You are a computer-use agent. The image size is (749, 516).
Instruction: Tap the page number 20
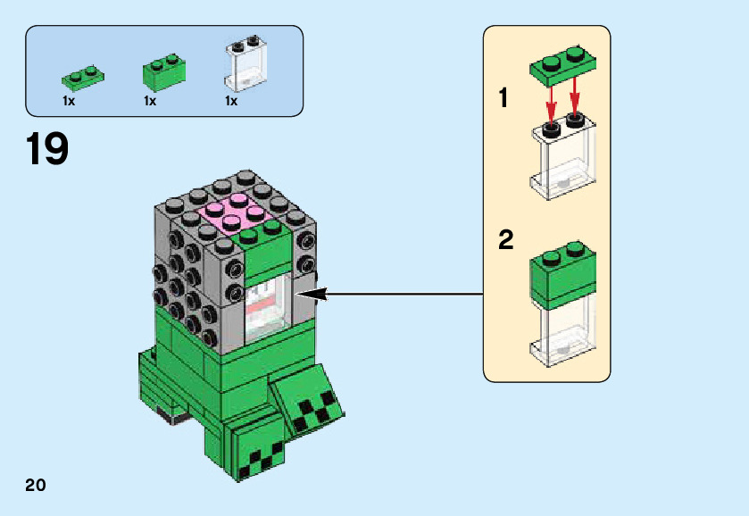point(35,486)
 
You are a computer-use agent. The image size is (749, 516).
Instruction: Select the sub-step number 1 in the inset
point(504,98)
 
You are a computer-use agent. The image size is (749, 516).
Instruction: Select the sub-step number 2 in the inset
point(506,239)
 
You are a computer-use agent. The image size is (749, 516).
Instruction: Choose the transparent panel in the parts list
point(246,64)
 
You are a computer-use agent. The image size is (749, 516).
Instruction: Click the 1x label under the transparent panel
point(230,102)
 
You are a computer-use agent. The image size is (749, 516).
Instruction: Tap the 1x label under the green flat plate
point(69,102)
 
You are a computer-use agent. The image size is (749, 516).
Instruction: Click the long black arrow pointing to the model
point(393,293)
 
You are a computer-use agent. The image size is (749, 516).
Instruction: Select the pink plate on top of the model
point(229,212)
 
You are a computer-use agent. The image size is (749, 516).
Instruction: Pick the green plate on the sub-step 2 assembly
point(563,275)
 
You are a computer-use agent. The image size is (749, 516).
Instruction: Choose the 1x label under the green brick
point(150,102)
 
